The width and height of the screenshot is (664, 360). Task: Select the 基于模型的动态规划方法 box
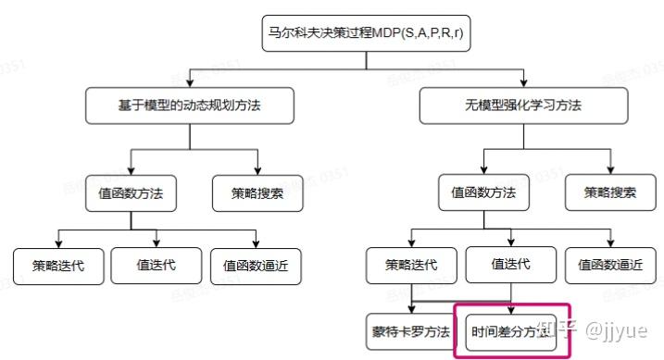(190, 106)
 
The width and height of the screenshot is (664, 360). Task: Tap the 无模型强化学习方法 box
(524, 106)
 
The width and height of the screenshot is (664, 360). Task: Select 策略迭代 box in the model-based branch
(58, 266)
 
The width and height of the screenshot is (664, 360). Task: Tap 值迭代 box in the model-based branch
(157, 265)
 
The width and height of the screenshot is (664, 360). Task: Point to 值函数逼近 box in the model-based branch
(256, 266)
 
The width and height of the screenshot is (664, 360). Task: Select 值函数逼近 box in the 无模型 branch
(609, 265)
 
